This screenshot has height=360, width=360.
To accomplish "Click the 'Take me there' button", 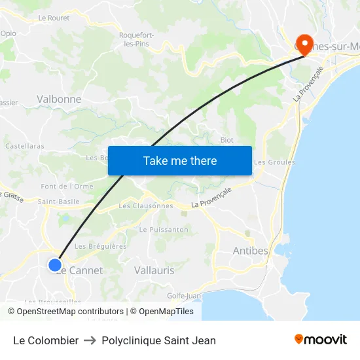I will [x=180, y=161].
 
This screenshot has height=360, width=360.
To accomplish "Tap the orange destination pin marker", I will [x=304, y=43].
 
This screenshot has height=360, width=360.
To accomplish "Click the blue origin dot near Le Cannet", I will [x=55, y=265].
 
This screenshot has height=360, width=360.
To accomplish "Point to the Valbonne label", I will [x=59, y=99].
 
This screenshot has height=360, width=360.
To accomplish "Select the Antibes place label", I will [x=251, y=251].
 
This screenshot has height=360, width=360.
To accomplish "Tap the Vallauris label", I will [x=154, y=270].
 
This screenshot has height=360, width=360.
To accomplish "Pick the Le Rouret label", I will [x=54, y=18].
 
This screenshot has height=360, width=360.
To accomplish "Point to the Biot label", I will [x=227, y=140].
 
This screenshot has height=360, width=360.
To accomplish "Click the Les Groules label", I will [x=274, y=162].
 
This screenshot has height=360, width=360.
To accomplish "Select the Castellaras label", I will [x=25, y=146].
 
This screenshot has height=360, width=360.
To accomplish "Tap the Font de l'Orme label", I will [x=67, y=187].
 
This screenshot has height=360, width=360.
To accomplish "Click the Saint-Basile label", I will [x=59, y=202].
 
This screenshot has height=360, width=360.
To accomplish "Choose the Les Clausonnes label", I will [x=146, y=206].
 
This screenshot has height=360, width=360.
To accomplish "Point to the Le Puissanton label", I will [x=164, y=230].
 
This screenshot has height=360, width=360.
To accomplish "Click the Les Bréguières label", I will [x=101, y=246].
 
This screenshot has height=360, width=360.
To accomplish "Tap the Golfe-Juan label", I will [x=183, y=295].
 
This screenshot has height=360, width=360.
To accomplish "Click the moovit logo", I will [x=321, y=340].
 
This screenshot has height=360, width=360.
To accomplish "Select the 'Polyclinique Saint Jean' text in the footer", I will [x=158, y=340].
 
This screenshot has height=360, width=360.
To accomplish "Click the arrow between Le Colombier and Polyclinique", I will [x=90, y=340].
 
